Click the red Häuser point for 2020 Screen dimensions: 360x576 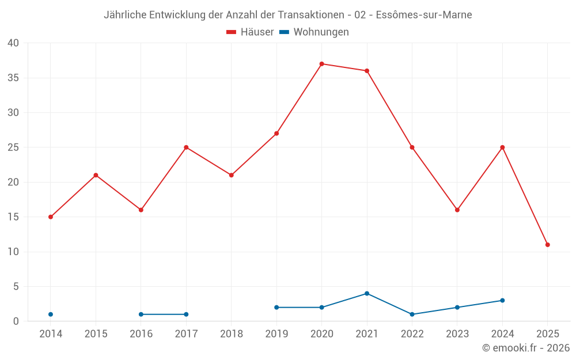(321, 64)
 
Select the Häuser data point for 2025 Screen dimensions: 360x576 (547, 245)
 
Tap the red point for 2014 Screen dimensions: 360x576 (51, 217)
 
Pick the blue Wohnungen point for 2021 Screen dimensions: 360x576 (367, 294)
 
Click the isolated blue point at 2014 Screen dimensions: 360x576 (51, 314)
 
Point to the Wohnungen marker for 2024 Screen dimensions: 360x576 (502, 301)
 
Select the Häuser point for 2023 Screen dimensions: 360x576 (457, 210)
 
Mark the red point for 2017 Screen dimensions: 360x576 (186, 147)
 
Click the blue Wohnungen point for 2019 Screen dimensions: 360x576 (276, 308)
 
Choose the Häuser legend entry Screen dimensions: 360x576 (251, 32)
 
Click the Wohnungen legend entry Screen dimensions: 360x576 (314, 32)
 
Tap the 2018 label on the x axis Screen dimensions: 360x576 (231, 334)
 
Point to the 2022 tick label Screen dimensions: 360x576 (412, 334)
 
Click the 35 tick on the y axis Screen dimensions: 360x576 (13, 78)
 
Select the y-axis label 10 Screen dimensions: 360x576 (13, 252)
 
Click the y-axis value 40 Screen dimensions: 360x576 (13, 43)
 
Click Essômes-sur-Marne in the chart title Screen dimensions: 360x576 (423, 15)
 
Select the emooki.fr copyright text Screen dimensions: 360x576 (525, 348)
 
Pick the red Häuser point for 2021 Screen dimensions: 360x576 (367, 71)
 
